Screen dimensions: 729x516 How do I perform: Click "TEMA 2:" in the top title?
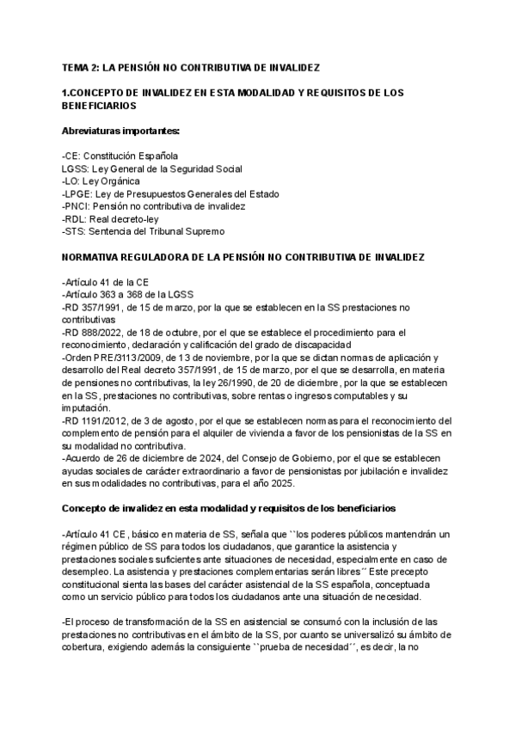pos(81,66)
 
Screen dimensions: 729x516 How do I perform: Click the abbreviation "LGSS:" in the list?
pos(76,168)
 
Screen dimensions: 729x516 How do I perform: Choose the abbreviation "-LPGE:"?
pos(78,194)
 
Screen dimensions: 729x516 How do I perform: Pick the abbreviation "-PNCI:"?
pos(77,206)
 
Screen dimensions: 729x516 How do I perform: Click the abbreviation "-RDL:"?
pos(76,219)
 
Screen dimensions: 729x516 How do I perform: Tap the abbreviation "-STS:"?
pos(76,231)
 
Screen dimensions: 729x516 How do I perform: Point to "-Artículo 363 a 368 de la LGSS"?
pos(135,295)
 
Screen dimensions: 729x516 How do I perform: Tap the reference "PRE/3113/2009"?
pos(124,358)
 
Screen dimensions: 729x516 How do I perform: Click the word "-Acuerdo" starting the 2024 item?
pos(83,458)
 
